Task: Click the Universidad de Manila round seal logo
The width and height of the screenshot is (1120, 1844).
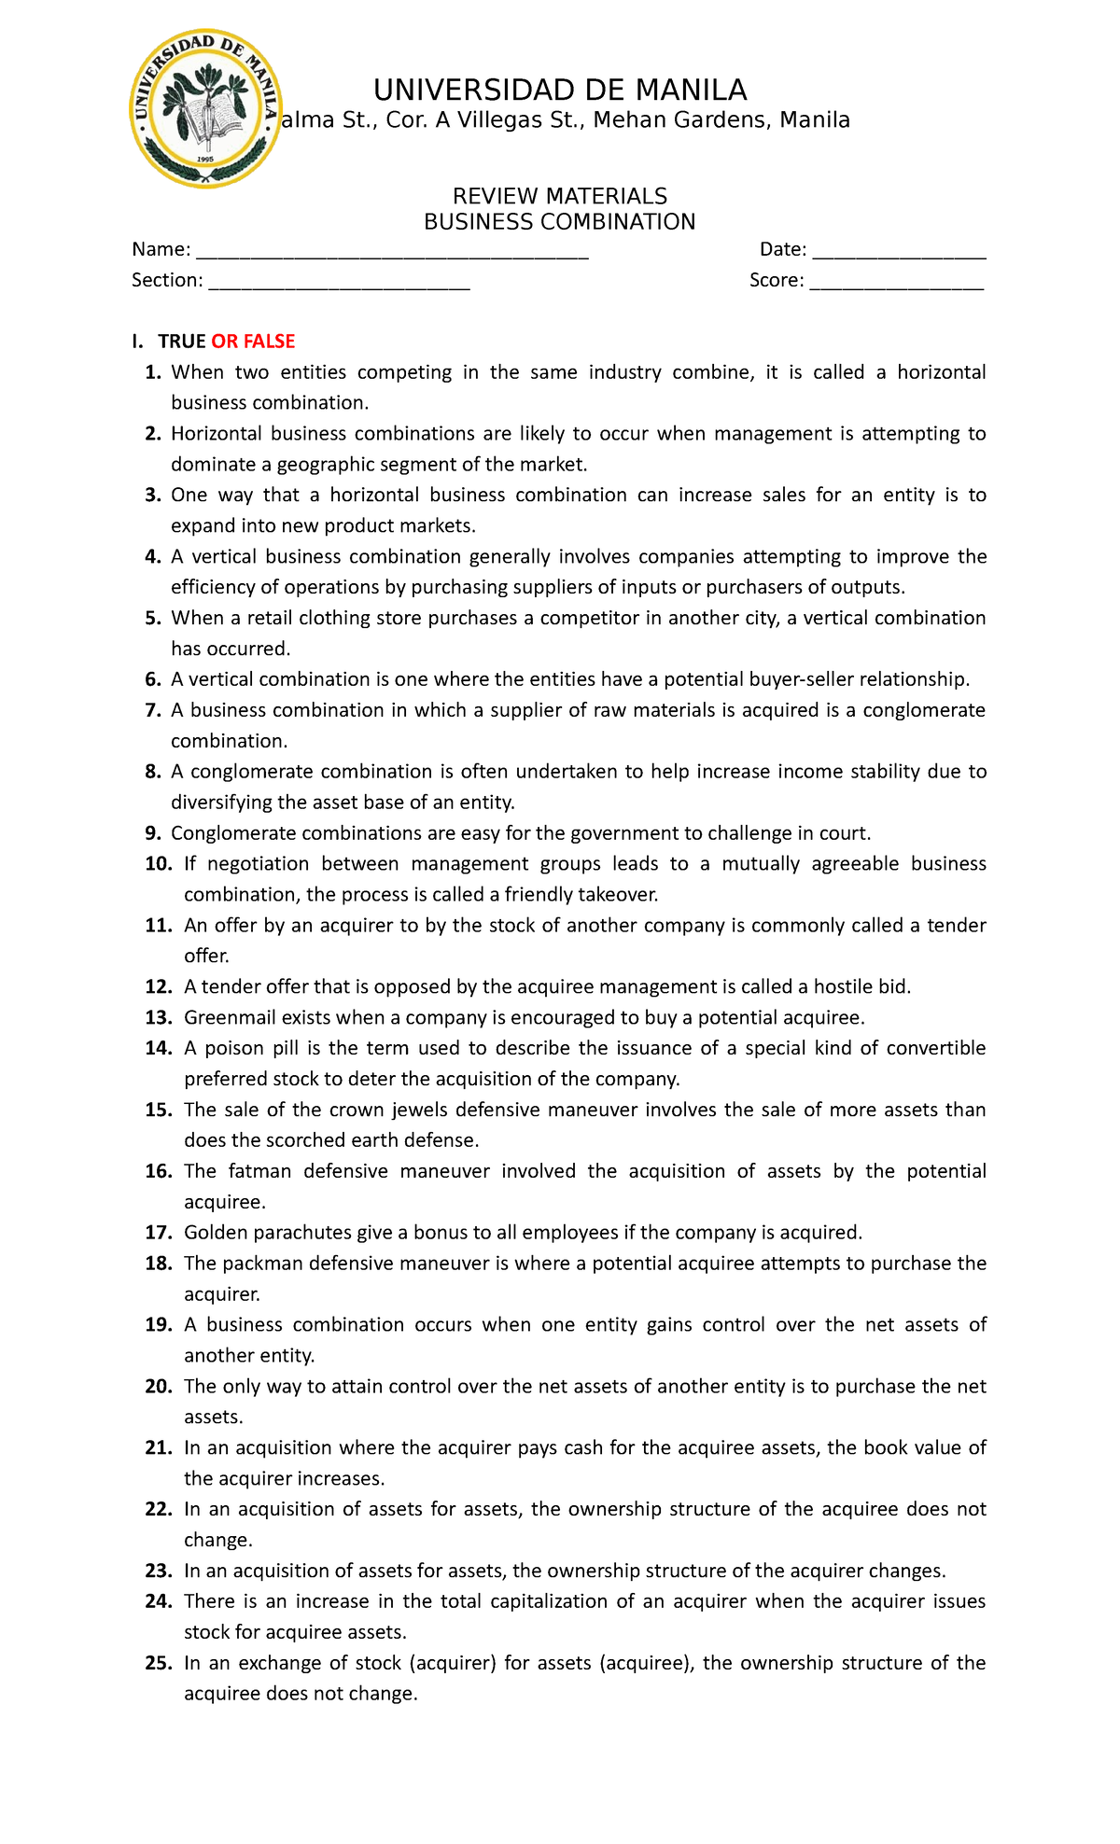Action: [205, 108]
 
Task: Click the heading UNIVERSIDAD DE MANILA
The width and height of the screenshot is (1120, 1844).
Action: [560, 90]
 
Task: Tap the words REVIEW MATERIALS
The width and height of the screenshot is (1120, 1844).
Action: [560, 196]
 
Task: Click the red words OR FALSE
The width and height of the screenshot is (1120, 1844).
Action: [253, 342]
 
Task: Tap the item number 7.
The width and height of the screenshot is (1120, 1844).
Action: [154, 710]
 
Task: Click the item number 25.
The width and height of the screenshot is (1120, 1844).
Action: [159, 1663]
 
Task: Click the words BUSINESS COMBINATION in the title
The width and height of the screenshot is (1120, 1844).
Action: [560, 222]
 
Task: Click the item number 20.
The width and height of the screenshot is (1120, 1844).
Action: [159, 1387]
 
